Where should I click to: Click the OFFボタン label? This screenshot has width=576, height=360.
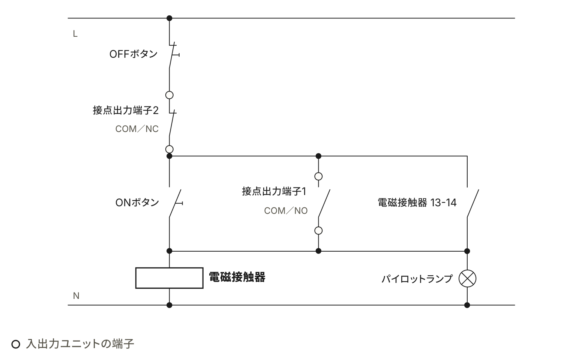(x=133, y=54)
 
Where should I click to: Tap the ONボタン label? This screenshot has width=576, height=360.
(x=137, y=202)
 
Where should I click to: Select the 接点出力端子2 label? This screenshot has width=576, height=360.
(x=126, y=110)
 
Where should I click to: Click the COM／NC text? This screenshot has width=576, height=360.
(x=137, y=129)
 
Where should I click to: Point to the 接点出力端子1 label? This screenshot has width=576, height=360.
(x=274, y=191)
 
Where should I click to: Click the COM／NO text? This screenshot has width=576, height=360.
(x=286, y=211)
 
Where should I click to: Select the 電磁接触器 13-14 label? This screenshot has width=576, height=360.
(x=417, y=202)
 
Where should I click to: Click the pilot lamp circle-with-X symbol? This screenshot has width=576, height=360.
(x=467, y=279)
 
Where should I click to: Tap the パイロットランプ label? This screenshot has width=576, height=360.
(x=417, y=279)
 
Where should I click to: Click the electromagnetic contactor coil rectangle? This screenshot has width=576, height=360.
(x=169, y=268)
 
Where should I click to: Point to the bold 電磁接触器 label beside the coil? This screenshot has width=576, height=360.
(x=237, y=277)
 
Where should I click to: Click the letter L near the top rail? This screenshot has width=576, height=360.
(x=75, y=34)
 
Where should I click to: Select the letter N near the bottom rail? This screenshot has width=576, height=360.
(x=76, y=296)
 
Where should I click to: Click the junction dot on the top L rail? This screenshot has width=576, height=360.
(x=169, y=18)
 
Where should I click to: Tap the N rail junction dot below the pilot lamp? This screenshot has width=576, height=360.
(x=467, y=305)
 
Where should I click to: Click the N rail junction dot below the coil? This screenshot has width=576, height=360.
(x=169, y=305)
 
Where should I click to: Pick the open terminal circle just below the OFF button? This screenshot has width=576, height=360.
(x=169, y=91)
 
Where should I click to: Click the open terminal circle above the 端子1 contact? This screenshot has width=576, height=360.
(x=318, y=173)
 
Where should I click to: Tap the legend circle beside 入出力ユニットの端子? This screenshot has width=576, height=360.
(x=16, y=340)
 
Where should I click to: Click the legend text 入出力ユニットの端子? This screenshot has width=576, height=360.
(x=80, y=344)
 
